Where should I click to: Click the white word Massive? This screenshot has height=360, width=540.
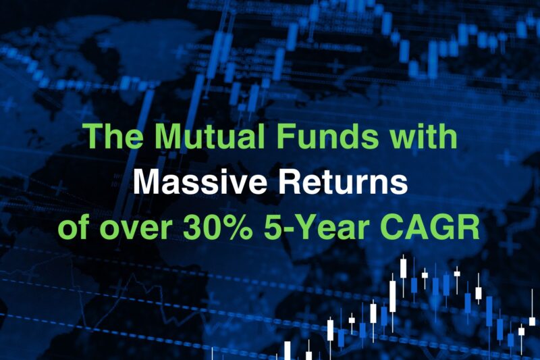pos(200,182)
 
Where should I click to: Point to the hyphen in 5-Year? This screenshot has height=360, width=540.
pos(288,231)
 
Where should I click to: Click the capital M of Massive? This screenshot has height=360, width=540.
pos(146,182)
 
